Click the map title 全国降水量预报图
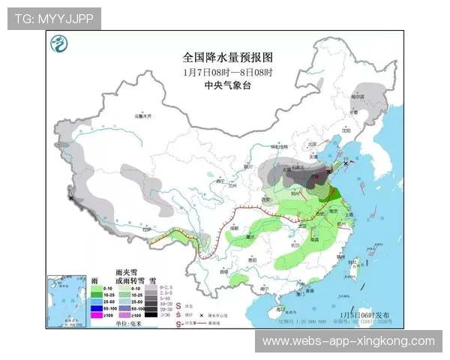(228, 58)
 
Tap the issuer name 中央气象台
(228, 85)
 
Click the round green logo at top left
(58, 46)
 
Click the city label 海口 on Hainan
(279, 308)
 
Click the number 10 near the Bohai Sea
(346, 159)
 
